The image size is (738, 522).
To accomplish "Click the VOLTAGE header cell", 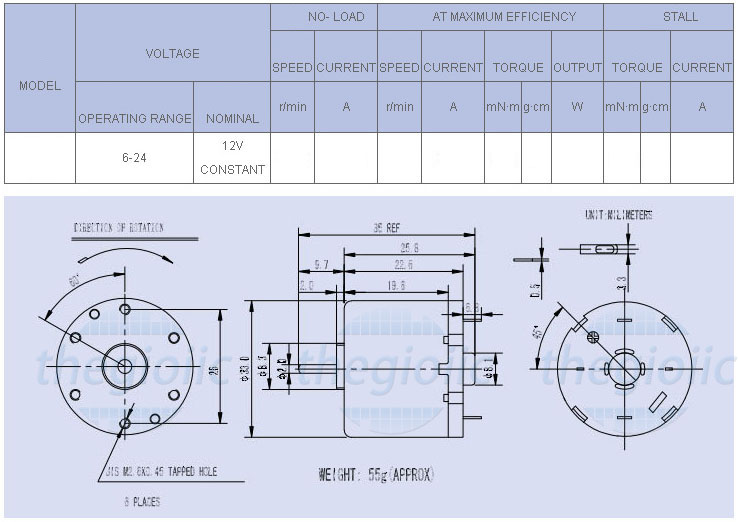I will pos(172,53).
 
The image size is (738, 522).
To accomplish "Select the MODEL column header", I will pos(40,86).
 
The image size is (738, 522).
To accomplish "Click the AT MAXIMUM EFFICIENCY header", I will pos(490,17).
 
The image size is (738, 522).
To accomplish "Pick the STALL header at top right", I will pos(681,17).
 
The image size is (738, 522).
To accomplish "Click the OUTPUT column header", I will pos(577,68).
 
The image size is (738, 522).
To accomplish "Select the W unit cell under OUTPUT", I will pos(577,107).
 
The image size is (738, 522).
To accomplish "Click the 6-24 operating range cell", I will pos(134,158).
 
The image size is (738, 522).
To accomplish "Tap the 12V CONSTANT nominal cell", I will pos(232,157).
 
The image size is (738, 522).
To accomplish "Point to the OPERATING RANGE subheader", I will pos(134,118).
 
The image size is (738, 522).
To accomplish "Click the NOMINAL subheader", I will pos(232,118).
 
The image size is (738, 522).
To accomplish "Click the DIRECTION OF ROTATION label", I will pos(119,228).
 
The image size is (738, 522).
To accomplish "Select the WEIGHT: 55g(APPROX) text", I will pos(376,475).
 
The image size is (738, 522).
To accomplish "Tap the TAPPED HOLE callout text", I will pos(159,470).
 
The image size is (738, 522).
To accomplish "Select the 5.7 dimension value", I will pos(321,265).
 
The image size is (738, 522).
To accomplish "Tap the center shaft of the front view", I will pos(125,365).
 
